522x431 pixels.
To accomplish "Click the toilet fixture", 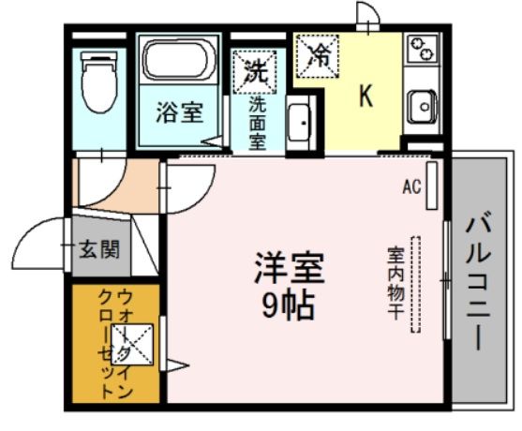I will coord(97,81).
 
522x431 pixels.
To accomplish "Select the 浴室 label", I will coord(179,114).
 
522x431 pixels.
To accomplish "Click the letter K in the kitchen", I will coord(366,96).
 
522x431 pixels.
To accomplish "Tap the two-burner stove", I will coord(424,50).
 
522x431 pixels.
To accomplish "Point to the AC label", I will coord(411,186).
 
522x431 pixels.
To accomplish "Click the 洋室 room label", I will coord(288,270).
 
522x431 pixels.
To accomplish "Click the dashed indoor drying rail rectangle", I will coord(417,286).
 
